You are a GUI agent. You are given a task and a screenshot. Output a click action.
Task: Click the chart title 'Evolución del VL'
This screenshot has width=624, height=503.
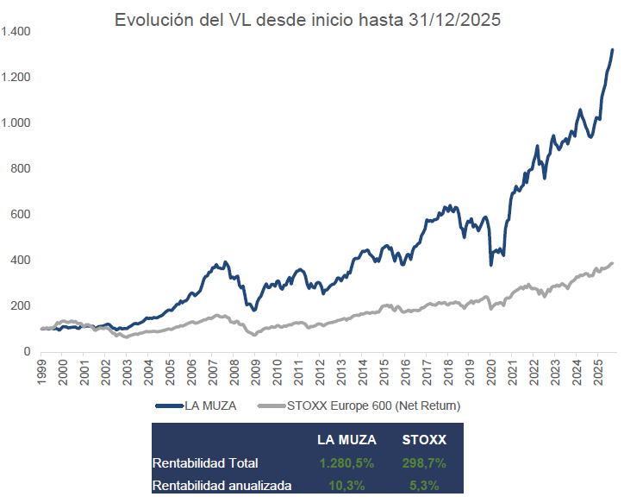308,20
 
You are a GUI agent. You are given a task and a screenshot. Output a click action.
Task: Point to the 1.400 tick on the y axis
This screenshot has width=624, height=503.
16,32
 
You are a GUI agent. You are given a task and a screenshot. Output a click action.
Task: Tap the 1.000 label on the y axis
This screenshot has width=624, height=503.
16,123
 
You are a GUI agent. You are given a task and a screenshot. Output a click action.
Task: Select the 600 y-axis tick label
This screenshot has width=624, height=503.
21,215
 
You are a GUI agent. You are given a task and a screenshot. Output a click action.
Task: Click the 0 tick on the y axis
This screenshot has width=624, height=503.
28,352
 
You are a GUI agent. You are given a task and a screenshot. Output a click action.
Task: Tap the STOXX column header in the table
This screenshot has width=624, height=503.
424,440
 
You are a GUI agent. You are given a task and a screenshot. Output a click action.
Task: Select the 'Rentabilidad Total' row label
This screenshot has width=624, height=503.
204,463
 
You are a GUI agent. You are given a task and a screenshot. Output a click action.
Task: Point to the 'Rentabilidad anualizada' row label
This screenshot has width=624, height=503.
222,486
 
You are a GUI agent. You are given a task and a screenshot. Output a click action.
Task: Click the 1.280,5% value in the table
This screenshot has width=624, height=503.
346,463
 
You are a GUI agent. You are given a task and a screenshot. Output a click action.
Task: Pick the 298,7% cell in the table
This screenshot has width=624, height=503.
424,463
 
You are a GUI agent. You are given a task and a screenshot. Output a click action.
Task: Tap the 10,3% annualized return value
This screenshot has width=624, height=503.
346,486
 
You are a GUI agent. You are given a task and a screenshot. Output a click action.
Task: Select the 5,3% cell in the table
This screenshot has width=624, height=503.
424,486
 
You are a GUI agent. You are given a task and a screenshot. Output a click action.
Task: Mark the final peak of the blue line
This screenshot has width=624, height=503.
612,50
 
